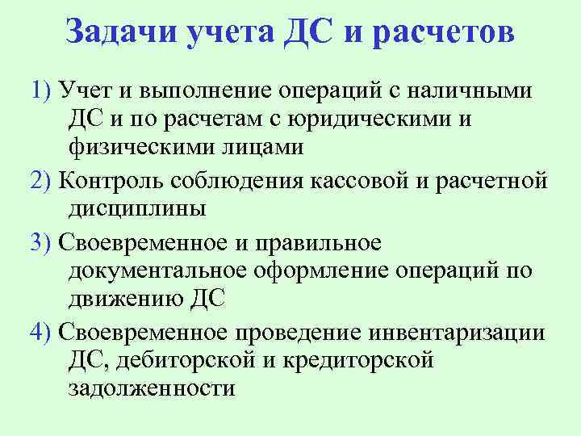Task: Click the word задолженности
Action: coord(152,388)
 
